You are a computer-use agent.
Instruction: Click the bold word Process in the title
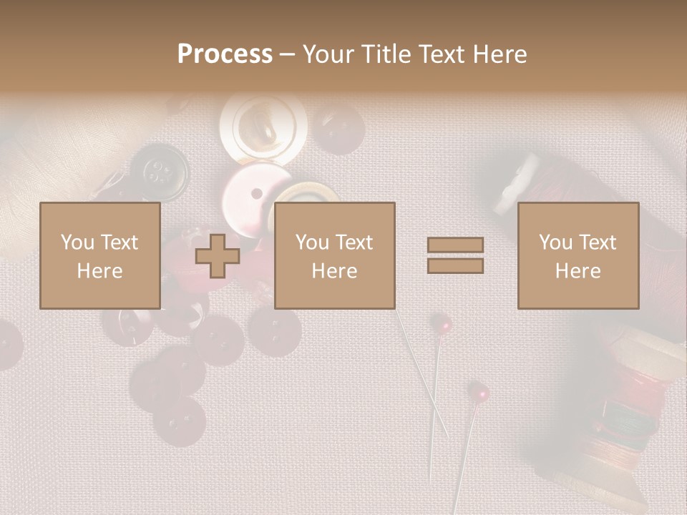[x=225, y=54]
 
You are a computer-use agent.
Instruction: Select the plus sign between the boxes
[x=218, y=255]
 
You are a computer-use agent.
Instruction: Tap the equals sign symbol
[x=455, y=255]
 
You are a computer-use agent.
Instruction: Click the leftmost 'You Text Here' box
[x=99, y=255]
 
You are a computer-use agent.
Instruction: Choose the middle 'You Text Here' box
[x=334, y=255]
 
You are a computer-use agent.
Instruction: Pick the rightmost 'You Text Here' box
[x=578, y=255]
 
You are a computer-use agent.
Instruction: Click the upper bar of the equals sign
[x=455, y=245]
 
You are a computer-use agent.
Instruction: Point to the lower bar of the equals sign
[x=455, y=265]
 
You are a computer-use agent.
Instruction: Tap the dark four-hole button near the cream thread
[x=159, y=172]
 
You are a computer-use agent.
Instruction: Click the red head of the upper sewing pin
[x=444, y=325]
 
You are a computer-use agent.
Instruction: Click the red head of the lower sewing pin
[x=478, y=391]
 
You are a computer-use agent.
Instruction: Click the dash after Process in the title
[x=288, y=54]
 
